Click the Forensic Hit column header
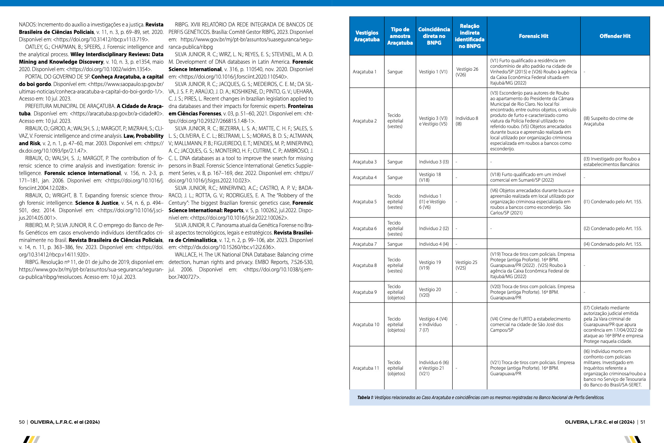tap(533, 36)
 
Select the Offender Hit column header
tap(615, 36)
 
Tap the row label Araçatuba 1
tap(365, 72)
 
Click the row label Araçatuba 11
tap(366, 368)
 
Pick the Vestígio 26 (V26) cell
tap(467, 72)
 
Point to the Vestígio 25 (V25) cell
tap(466, 265)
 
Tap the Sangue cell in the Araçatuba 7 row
tap(395, 244)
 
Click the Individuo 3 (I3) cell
tap(434, 162)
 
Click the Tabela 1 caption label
tap(365, 398)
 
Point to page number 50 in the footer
tap(22, 422)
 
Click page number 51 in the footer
tap(643, 422)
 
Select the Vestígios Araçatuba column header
tap(367, 36)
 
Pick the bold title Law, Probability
tap(143, 136)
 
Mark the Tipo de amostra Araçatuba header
tap(400, 36)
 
